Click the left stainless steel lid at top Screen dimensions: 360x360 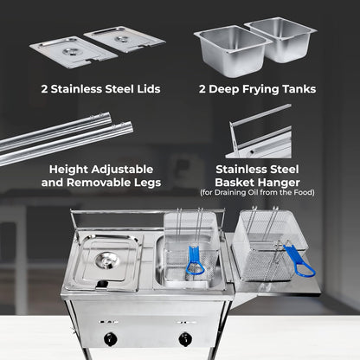click(72, 51)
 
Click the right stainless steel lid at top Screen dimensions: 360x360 click(125, 39)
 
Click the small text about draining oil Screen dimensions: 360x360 click(257, 192)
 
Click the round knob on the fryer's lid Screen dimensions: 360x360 click(107, 260)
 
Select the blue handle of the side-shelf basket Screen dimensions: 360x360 click(299, 260)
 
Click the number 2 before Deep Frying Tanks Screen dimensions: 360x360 click(203, 88)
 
